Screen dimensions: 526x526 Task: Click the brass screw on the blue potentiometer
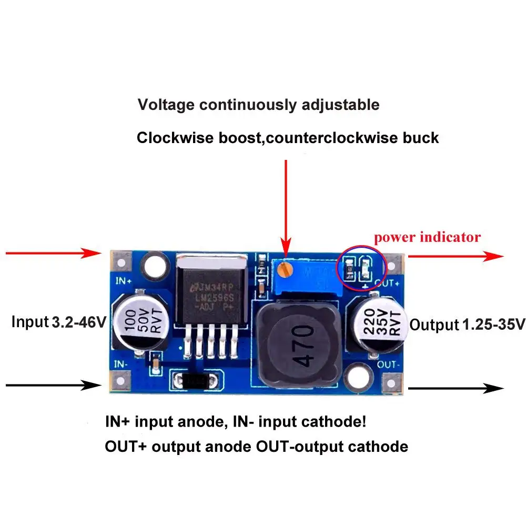coord(286,270)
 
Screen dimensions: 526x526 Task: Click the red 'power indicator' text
coord(427,237)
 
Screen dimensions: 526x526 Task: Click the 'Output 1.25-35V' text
coord(467,325)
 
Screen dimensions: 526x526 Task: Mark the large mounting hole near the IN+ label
coord(155,265)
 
